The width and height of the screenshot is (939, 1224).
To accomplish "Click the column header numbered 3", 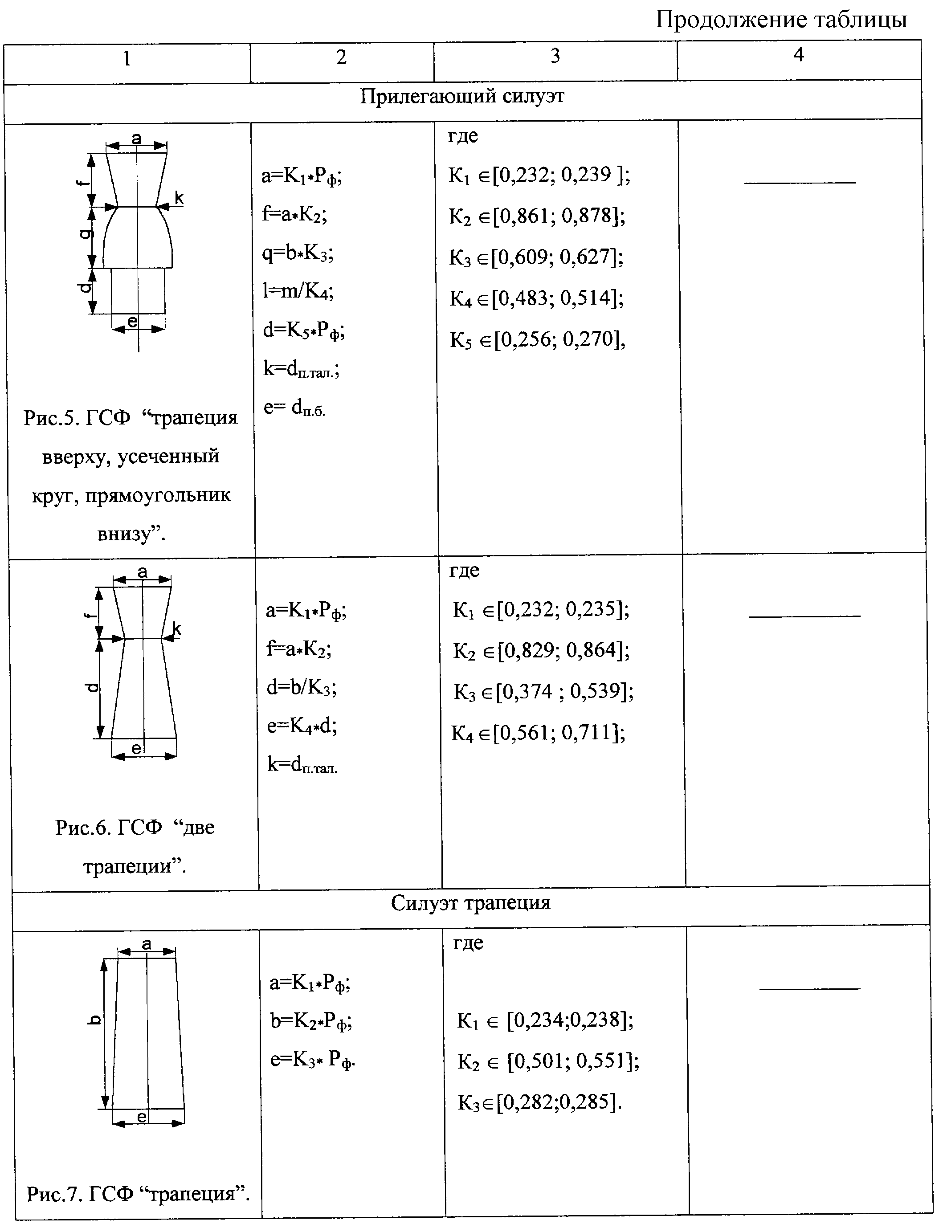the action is (555, 55).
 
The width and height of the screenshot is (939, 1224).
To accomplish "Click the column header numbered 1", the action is (127, 58).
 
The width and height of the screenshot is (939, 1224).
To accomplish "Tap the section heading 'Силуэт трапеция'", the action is (471, 902).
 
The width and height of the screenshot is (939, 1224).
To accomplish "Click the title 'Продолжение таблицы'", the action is (781, 20).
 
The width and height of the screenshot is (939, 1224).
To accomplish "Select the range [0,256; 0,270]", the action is (559, 340).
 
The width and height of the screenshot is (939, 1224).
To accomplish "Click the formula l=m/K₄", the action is (298, 292).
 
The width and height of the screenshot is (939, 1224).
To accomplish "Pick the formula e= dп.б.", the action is (294, 408).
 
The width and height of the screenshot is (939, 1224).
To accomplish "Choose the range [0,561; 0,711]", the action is (559, 733).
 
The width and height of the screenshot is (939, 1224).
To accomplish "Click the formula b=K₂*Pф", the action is (311, 1022).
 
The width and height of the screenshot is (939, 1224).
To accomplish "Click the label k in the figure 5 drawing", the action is (179, 197).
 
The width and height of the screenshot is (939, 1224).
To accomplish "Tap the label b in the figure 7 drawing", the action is (94, 1020).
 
